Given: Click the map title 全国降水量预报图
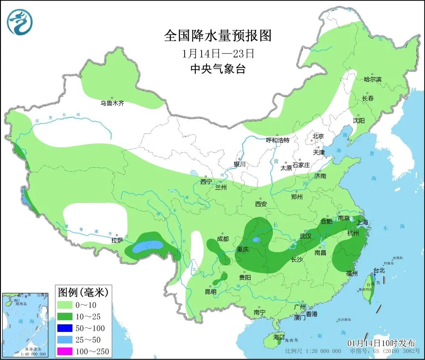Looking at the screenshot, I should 218,35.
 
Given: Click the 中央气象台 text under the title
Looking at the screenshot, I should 218,69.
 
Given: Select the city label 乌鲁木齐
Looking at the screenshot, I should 112,103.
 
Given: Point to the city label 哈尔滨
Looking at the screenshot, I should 372,79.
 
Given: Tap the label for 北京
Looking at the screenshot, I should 318,136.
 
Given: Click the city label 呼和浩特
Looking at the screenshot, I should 277,140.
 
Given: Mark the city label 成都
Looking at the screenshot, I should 223,239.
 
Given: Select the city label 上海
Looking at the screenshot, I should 363,223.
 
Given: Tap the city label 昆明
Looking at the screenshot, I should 210,292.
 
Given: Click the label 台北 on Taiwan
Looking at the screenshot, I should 379,270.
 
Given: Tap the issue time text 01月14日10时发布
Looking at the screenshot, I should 381,343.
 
